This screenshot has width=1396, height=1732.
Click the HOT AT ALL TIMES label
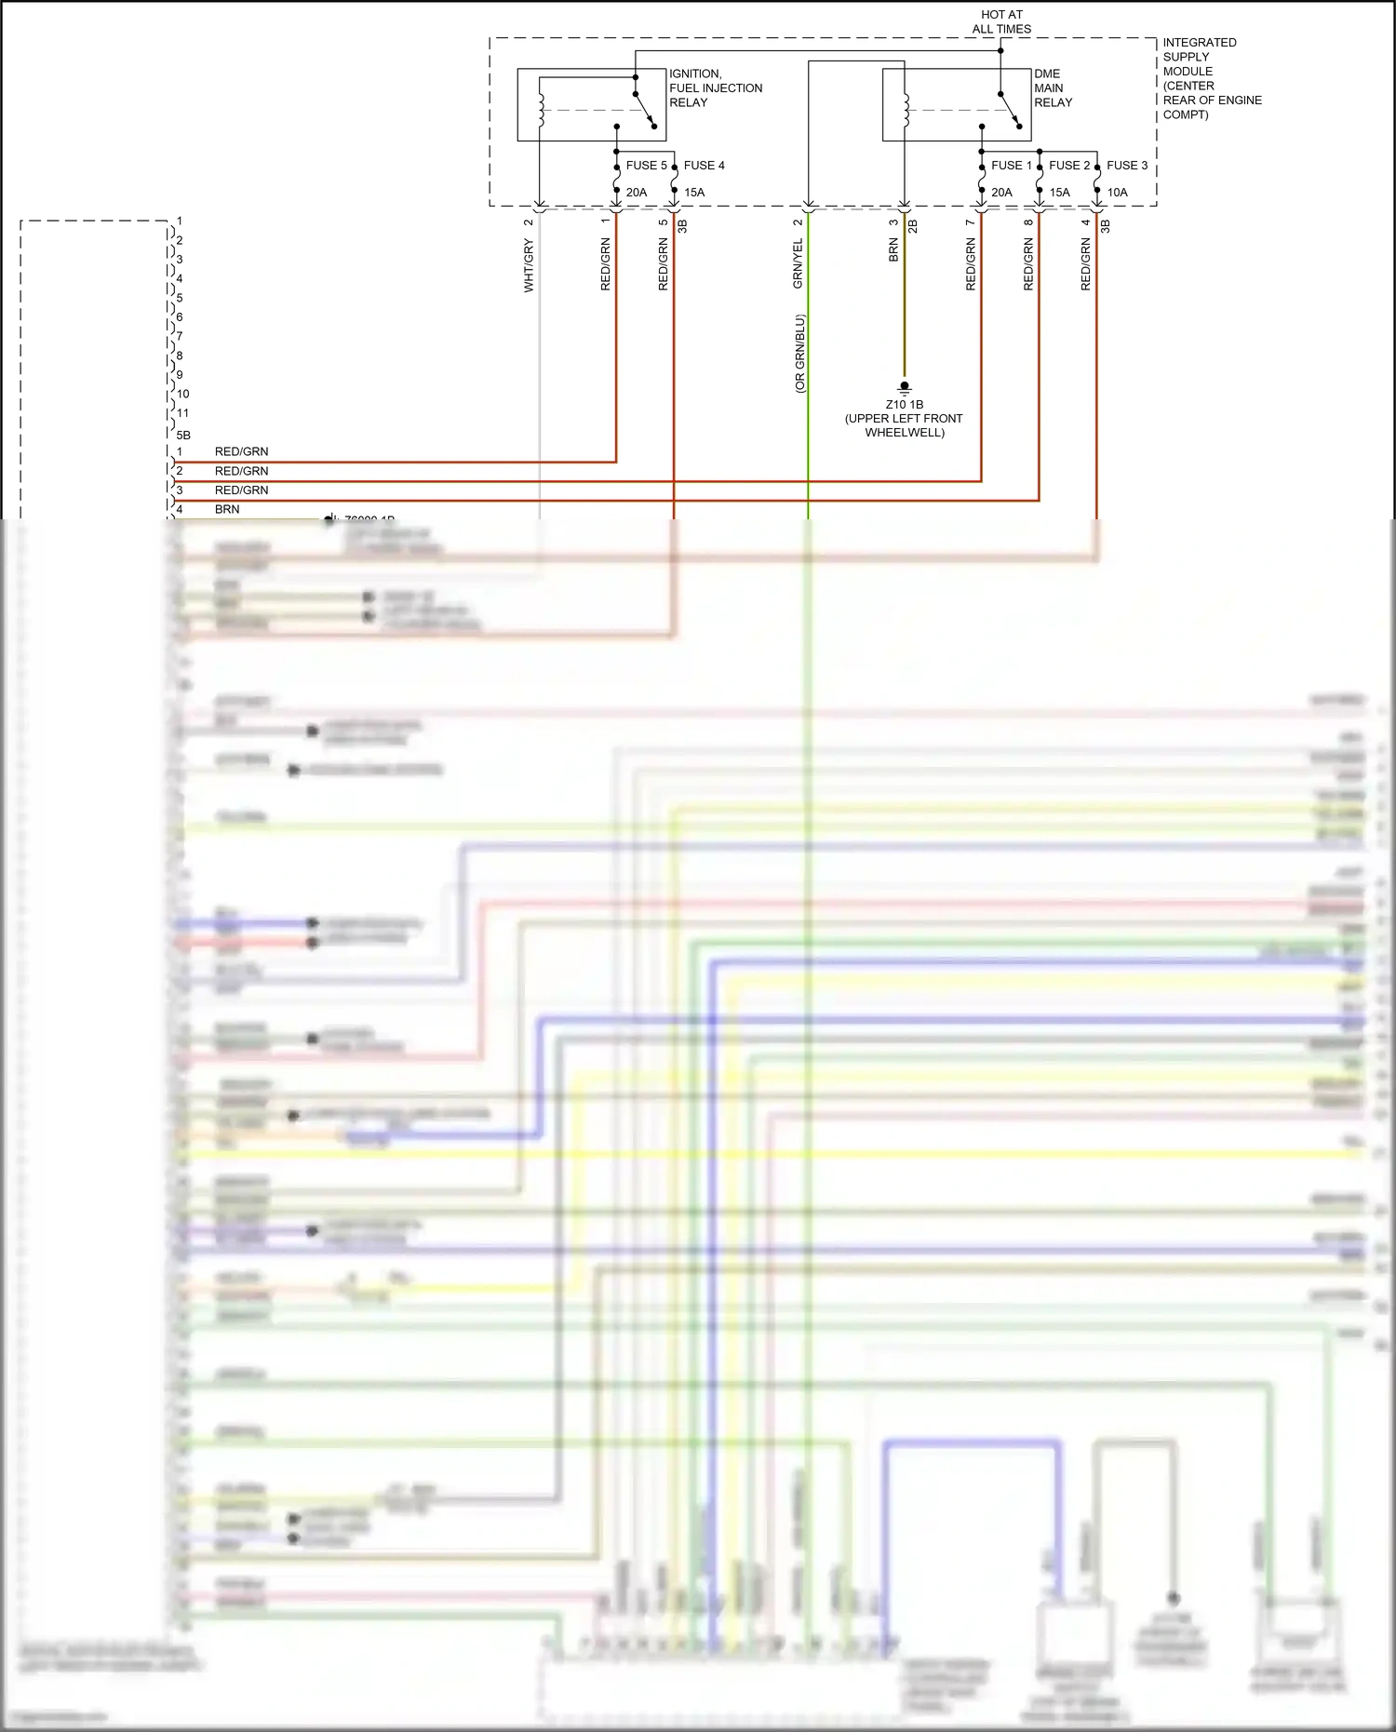(1001, 22)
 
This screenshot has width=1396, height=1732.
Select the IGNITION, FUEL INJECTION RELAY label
(715, 88)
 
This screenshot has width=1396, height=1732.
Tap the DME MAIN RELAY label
(1053, 88)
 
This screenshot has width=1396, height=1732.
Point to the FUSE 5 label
(646, 166)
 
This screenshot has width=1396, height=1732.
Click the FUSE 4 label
(704, 166)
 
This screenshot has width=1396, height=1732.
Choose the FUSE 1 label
(1011, 166)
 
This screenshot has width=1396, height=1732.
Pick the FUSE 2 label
(1068, 166)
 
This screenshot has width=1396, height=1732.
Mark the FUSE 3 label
(1126, 166)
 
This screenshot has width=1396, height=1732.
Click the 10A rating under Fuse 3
(1117, 193)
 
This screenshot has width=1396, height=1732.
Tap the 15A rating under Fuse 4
(694, 193)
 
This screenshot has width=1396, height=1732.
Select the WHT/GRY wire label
(529, 266)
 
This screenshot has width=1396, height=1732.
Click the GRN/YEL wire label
(798, 263)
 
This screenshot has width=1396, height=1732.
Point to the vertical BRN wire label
(893, 250)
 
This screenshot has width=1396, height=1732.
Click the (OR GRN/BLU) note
(799, 354)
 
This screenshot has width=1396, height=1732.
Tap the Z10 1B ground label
(904, 405)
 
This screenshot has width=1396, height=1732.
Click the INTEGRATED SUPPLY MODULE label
(1211, 78)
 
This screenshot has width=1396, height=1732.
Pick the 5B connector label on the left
(183, 435)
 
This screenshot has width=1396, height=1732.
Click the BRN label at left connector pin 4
(227, 510)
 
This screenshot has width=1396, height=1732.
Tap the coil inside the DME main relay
(906, 109)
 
